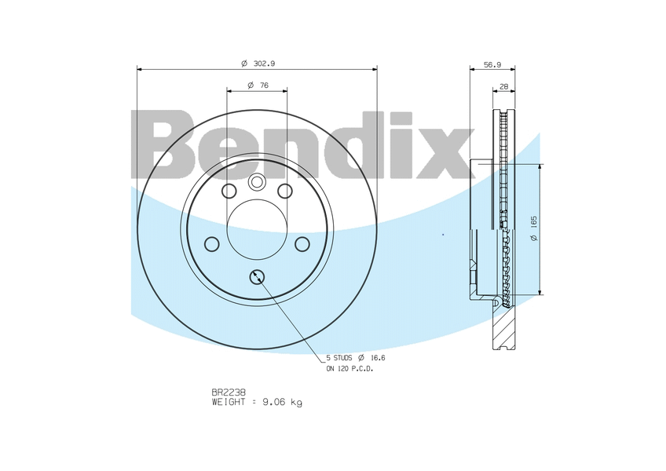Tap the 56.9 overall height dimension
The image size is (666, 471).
[x=492, y=65]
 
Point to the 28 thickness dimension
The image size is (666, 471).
[x=503, y=86]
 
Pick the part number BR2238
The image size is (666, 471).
[x=229, y=392]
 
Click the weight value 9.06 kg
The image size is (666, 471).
[x=283, y=402]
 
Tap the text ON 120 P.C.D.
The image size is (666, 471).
[x=349, y=369]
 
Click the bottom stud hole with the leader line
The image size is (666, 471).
[x=257, y=277]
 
